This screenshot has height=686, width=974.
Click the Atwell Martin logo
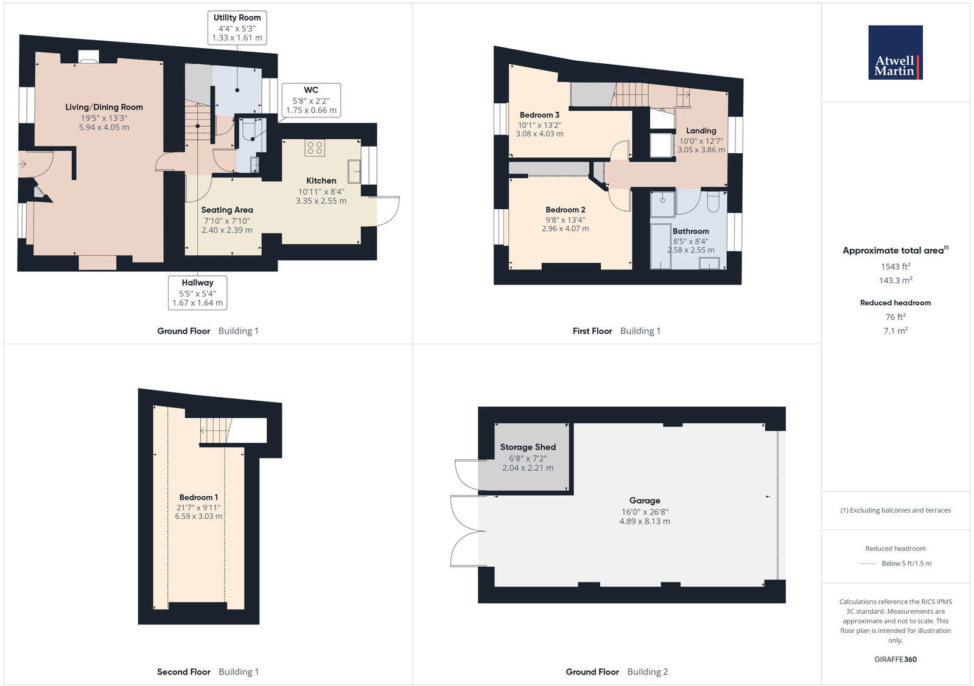pyautogui.click(x=895, y=52)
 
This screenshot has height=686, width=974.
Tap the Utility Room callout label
pyautogui.click(x=237, y=27)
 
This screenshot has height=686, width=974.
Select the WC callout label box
pyautogui.click(x=310, y=100)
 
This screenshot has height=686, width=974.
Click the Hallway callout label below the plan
pyautogui.click(x=197, y=293)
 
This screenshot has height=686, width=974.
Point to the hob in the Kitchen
pyautogui.click(x=315, y=148)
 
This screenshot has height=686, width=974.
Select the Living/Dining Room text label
pyautogui.click(x=104, y=107)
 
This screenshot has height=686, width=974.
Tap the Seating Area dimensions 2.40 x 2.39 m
pyautogui.click(x=226, y=230)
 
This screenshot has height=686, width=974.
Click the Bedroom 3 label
pyautogui.click(x=539, y=115)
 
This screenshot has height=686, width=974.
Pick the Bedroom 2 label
pyautogui.click(x=565, y=210)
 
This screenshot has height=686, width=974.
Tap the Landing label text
pyautogui.click(x=701, y=131)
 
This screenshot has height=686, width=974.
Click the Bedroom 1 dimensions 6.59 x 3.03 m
pyautogui.click(x=198, y=516)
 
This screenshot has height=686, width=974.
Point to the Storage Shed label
pyautogui.click(x=528, y=447)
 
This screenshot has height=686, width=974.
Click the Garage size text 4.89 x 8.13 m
pyautogui.click(x=645, y=521)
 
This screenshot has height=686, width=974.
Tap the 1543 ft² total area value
pyautogui.click(x=895, y=266)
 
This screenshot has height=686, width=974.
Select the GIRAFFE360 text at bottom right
pyautogui.click(x=895, y=659)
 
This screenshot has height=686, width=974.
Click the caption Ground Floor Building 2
pyautogui.click(x=617, y=672)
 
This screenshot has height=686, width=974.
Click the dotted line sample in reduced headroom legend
pyautogui.click(x=867, y=564)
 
